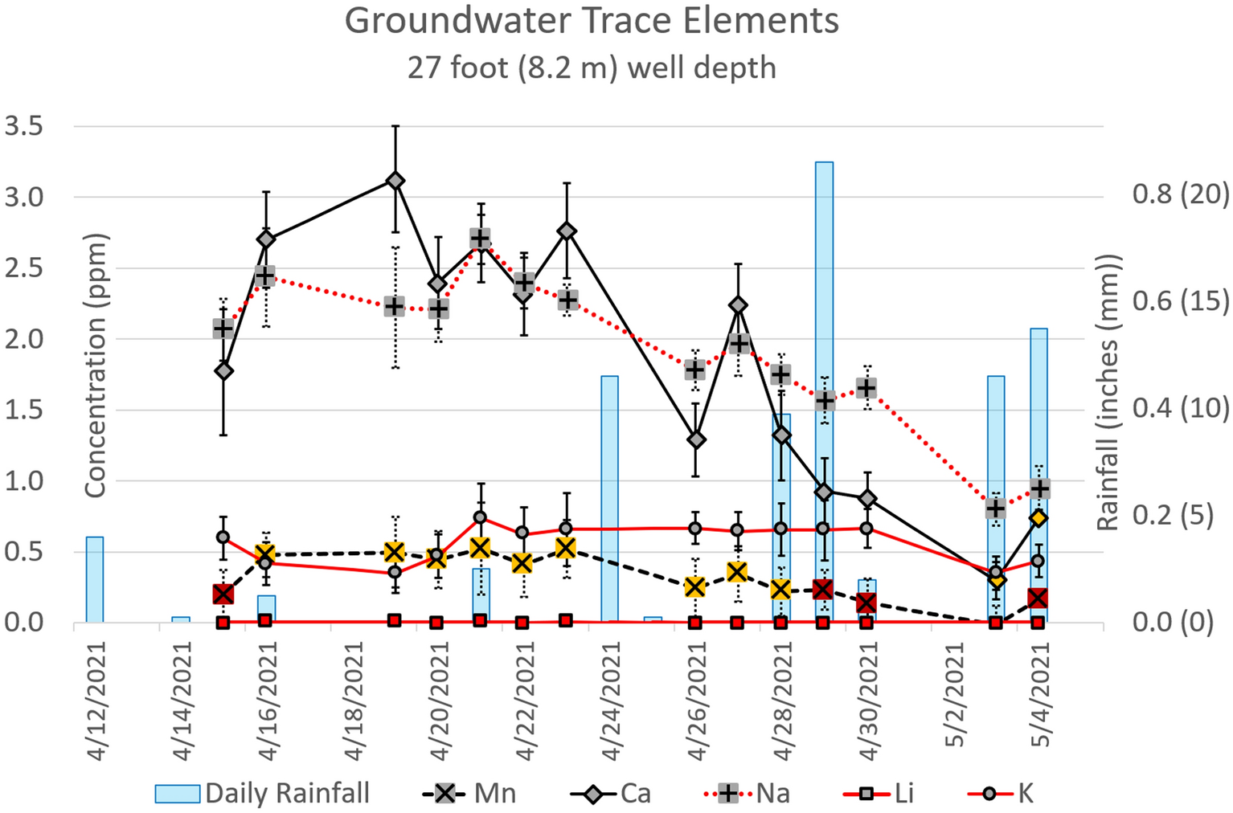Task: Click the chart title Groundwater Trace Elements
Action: (x=592, y=21)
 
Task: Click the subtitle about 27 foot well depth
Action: (x=592, y=67)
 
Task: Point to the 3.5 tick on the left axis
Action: (x=24, y=126)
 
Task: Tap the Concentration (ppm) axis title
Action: (x=96, y=366)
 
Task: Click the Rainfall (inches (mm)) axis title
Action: (x=1108, y=392)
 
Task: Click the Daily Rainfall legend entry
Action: (x=262, y=794)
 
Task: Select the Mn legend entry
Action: (x=469, y=794)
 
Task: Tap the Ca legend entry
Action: (x=612, y=794)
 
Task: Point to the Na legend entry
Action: (x=748, y=794)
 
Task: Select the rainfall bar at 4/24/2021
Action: (x=609, y=498)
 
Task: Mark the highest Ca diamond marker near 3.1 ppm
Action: (x=395, y=181)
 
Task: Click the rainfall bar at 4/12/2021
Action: (x=95, y=578)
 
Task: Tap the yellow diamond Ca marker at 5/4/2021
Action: (x=1038, y=518)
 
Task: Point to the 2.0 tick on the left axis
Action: (x=24, y=338)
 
